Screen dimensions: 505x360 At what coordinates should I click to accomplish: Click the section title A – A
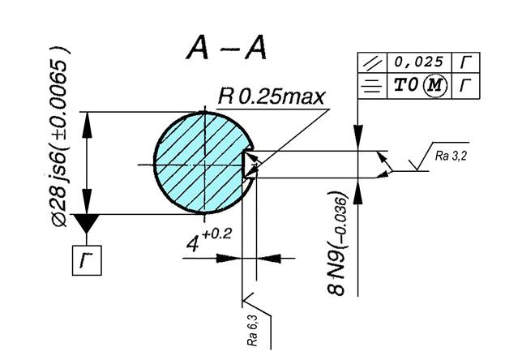[x=226, y=48]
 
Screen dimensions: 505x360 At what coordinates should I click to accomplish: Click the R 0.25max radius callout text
[x=272, y=96]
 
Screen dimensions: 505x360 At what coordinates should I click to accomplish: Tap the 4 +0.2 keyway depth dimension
[x=209, y=240]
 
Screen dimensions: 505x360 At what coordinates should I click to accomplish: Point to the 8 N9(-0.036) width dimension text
[x=337, y=243]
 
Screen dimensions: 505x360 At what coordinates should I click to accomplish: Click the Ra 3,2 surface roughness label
[x=451, y=156]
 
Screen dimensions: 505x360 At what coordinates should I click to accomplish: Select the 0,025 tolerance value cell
[x=419, y=62]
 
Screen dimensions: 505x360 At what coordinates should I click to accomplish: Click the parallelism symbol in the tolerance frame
[x=372, y=62]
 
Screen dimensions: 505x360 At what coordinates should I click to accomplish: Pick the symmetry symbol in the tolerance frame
[x=372, y=86]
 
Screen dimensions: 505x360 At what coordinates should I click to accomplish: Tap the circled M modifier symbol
[x=435, y=85]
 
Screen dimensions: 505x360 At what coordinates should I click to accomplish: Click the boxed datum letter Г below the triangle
[x=87, y=260]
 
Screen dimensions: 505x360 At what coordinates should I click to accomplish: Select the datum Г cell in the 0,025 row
[x=466, y=62]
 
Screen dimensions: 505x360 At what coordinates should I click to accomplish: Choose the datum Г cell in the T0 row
[x=466, y=86]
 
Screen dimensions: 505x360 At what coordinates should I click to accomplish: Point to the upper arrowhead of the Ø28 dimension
[x=86, y=124]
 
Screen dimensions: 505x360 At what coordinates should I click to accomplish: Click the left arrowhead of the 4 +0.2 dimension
[x=229, y=258]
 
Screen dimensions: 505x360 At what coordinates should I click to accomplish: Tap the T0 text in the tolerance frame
[x=406, y=85]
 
